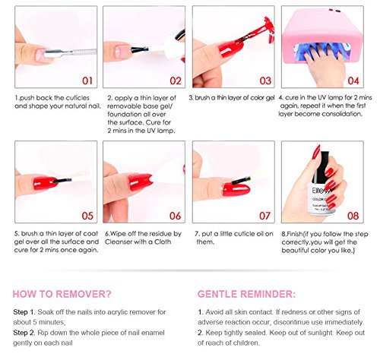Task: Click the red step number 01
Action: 87,81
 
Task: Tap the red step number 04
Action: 353,81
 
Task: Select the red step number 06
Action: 176,216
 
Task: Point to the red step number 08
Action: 353,216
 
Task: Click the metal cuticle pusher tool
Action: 70,53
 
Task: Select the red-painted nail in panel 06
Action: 140,182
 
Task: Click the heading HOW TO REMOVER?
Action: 62,294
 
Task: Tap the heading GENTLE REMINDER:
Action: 246,294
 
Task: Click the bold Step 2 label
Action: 24,333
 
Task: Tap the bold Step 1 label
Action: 24,312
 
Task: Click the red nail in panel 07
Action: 236,189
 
